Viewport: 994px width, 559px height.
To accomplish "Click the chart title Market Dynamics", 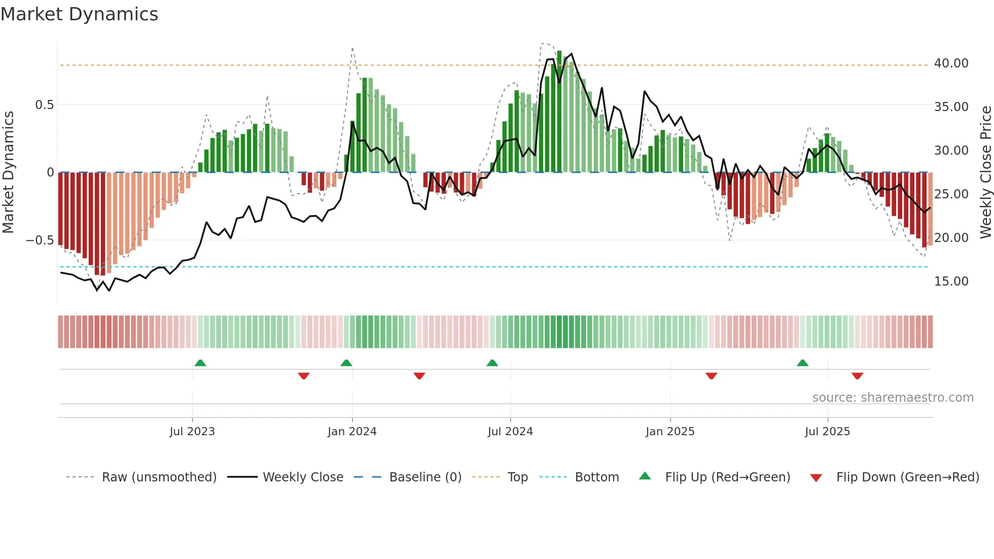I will (80, 14).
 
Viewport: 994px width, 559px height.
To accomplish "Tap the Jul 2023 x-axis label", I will (192, 432).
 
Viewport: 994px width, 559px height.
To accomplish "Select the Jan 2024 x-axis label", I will (352, 432).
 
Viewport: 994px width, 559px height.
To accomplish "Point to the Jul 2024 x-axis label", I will (510, 432).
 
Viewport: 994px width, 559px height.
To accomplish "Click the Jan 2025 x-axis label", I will (670, 432).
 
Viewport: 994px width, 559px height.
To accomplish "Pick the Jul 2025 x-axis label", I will (827, 432).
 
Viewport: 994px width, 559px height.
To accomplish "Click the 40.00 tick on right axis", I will (951, 63).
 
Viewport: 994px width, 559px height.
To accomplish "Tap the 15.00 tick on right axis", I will (951, 282).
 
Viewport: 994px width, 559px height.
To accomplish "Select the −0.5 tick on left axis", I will (40, 240).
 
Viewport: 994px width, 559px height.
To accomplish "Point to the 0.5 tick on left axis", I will (44, 105).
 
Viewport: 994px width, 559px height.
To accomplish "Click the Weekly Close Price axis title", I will (985, 172).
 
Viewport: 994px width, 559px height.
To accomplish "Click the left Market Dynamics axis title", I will (8, 172).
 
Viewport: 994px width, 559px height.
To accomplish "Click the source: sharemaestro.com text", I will (893, 398).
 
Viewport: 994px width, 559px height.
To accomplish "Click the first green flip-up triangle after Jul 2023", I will (200, 363).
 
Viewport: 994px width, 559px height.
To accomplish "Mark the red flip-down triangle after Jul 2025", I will (857, 376).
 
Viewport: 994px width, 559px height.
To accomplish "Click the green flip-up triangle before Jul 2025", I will (802, 363).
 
